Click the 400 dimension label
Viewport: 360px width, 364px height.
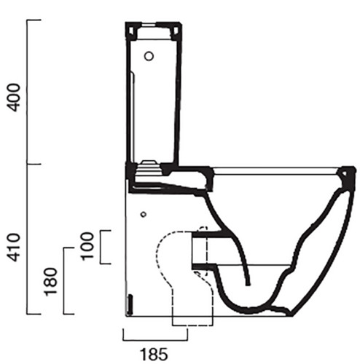13,98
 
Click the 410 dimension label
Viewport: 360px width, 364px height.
13,248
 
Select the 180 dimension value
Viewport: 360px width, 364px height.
50,282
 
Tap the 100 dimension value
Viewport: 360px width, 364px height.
87,246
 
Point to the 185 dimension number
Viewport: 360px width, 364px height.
154,355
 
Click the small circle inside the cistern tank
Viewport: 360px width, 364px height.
149,56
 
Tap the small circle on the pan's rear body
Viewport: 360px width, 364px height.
144,214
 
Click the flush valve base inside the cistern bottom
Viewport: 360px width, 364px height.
149,167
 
